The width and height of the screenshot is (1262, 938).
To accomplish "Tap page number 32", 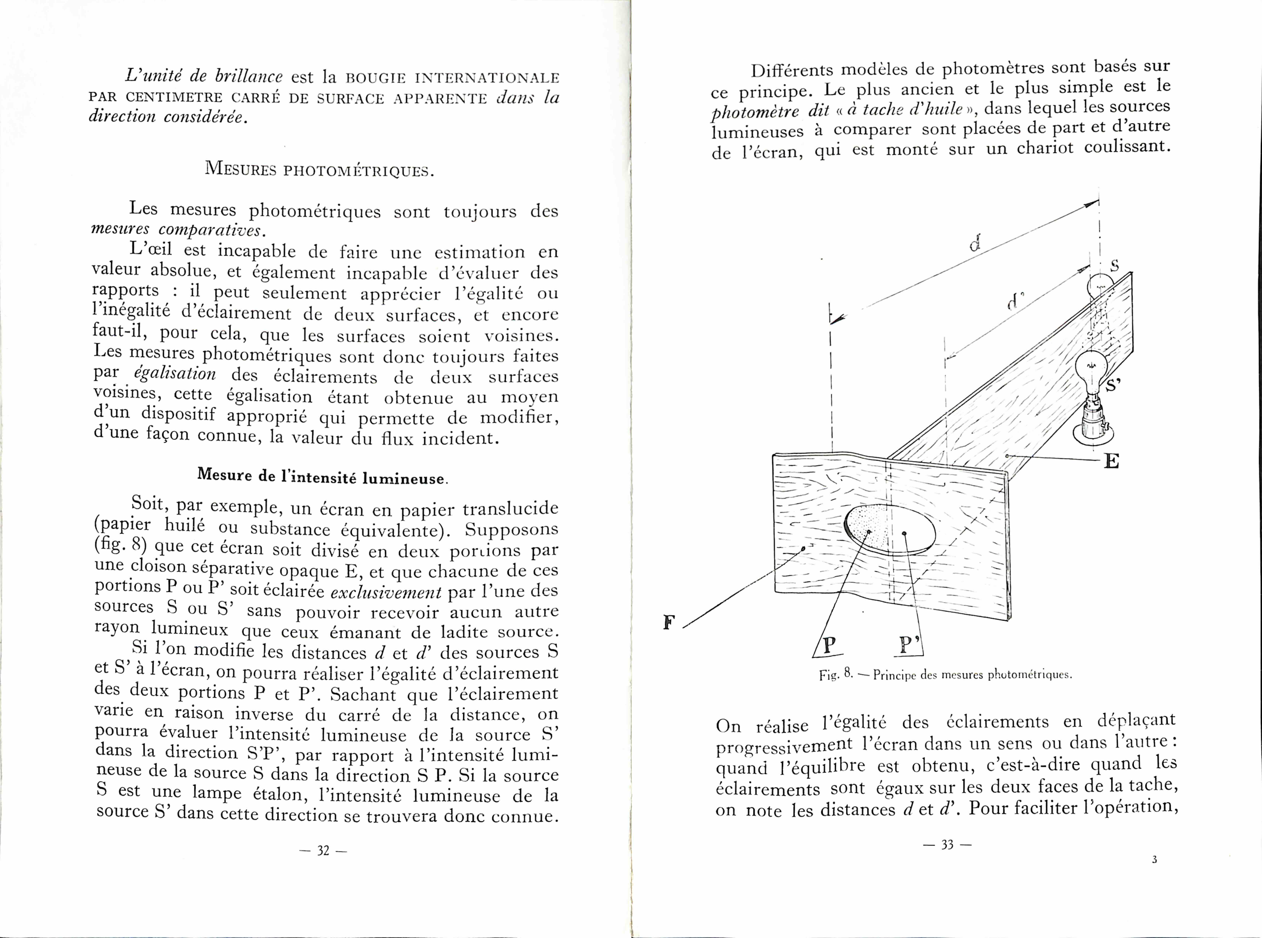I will tap(323, 851).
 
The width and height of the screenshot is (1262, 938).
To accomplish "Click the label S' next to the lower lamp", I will tap(1113, 385).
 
